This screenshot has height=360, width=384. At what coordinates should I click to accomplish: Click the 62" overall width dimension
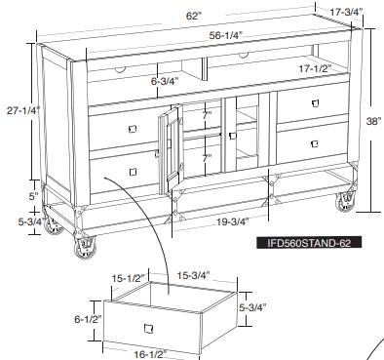(194, 16)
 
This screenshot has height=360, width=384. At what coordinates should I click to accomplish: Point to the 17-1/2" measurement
(313, 69)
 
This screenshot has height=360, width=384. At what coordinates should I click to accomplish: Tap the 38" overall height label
(371, 122)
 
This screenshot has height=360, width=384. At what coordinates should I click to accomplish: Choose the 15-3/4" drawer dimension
(194, 276)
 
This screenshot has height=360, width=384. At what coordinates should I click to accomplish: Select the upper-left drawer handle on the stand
(132, 129)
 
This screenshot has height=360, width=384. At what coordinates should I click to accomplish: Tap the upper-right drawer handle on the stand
(317, 103)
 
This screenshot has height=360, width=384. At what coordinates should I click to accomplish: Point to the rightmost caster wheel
(344, 203)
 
